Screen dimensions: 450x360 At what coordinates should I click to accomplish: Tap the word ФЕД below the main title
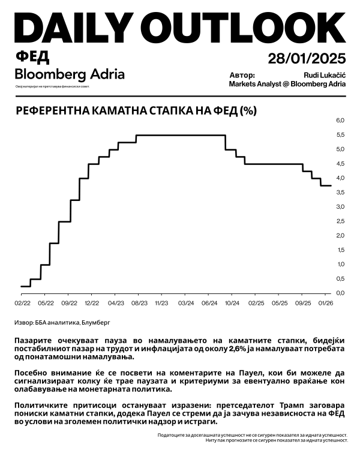click(32, 57)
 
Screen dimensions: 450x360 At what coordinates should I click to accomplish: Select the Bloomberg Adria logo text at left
click(70, 74)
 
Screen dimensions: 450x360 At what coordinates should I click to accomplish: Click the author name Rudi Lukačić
click(325, 74)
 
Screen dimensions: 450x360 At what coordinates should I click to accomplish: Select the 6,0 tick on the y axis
click(341, 121)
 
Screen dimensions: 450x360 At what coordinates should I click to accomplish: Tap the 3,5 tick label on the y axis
click(341, 206)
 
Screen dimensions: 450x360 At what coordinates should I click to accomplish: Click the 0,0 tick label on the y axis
click(341, 293)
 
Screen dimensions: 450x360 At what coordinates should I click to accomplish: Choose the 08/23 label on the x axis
click(138, 304)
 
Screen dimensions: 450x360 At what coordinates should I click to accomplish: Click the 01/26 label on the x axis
click(326, 304)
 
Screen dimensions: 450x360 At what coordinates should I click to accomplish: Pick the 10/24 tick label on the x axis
click(233, 304)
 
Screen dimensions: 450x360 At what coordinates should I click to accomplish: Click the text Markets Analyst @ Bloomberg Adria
click(287, 84)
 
